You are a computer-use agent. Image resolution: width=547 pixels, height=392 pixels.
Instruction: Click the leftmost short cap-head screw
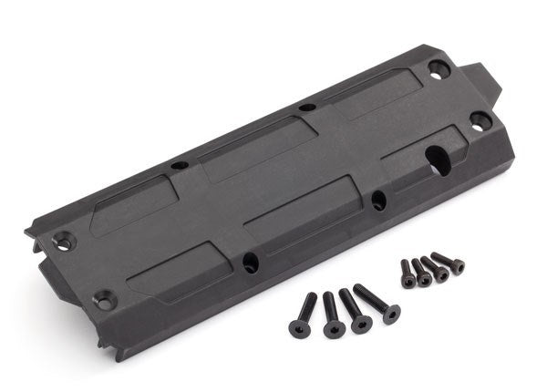click(x=408, y=273)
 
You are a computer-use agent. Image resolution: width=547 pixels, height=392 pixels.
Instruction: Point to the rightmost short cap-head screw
click(x=449, y=262)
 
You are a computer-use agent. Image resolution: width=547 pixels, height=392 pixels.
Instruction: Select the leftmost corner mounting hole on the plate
click(x=62, y=241)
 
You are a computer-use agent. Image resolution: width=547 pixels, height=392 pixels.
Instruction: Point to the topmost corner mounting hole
click(x=437, y=67)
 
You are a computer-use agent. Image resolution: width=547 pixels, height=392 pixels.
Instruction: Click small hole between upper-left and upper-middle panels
click(x=180, y=165)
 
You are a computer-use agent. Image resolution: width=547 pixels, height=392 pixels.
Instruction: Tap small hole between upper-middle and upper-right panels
click(x=307, y=108)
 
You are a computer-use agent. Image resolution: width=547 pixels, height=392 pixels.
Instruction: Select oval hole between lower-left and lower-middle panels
click(x=250, y=263)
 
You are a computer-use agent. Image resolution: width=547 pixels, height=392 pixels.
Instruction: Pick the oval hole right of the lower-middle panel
click(x=378, y=200)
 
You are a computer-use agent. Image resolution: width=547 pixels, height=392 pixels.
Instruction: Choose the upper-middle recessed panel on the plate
click(x=258, y=140)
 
